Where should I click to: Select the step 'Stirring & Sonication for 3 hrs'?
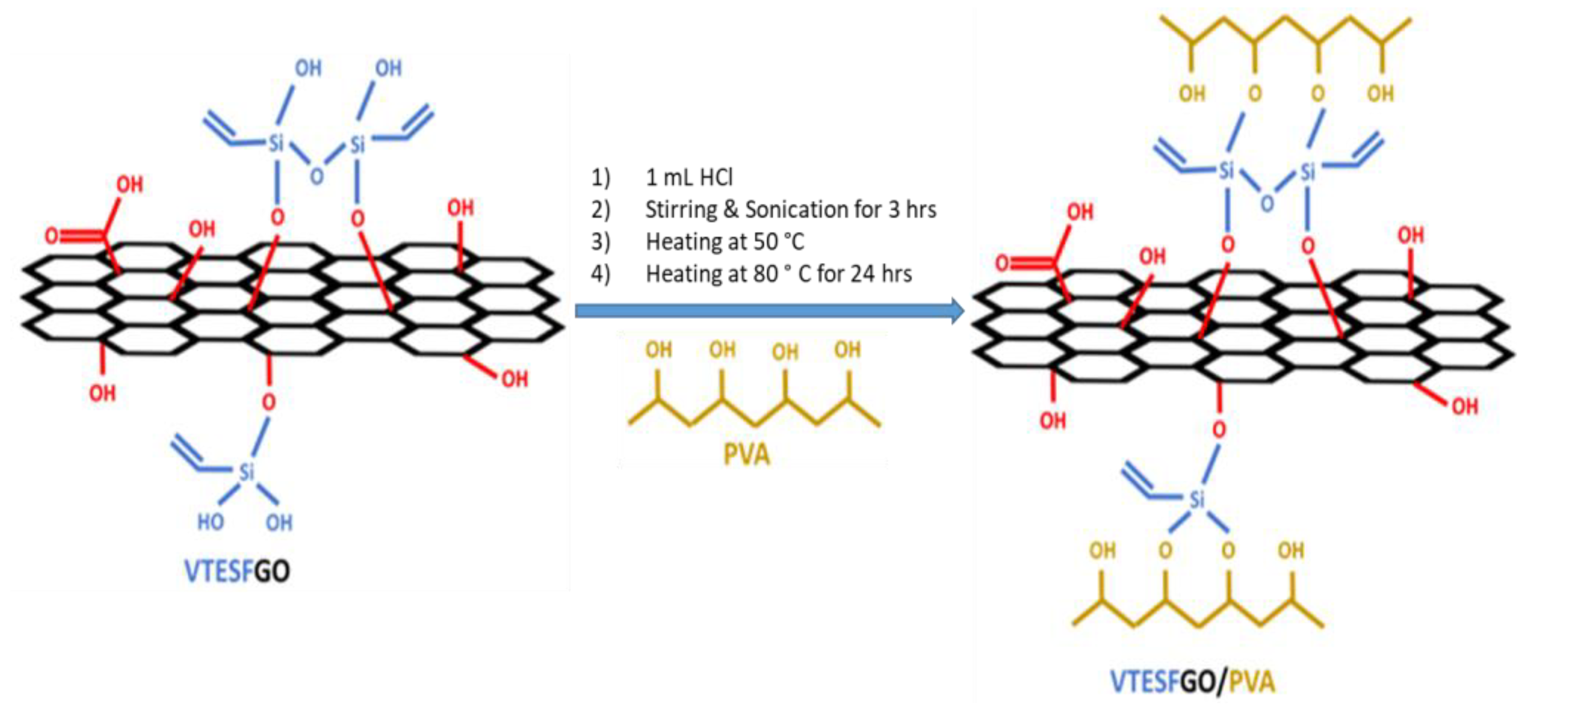tap(790, 210)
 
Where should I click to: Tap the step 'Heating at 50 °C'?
tap(724, 242)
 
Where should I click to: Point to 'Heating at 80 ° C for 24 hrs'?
tap(778, 274)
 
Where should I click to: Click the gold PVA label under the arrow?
tap(746, 455)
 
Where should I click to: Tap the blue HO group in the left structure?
tap(210, 523)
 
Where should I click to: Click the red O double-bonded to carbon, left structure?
tap(52, 236)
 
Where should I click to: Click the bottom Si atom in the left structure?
tap(246, 472)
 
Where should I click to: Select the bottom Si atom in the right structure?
tap(1197, 499)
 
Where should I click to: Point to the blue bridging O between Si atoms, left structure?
tap(316, 177)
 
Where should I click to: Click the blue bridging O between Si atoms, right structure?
tap(1267, 204)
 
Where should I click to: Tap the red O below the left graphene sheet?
tap(268, 403)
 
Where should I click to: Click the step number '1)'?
tap(600, 178)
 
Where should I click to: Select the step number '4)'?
tap(600, 274)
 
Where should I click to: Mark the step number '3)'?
tap(600, 242)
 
